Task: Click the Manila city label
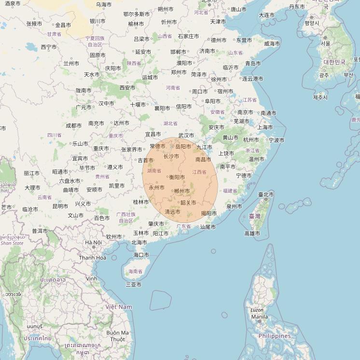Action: [259, 317]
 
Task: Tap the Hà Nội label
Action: [93, 242]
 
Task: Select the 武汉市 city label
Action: [186, 136]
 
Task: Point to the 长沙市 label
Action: [171, 156]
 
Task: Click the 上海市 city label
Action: [265, 127]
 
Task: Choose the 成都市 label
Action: [73, 125]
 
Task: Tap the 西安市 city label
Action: [127, 88]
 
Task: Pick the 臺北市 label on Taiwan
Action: [266, 195]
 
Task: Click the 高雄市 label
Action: [252, 234]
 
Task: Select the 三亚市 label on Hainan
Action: [134, 285]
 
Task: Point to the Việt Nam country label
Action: [119, 307]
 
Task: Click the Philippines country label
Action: [275, 336]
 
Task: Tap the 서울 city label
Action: [326, 43]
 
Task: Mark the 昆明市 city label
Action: [60, 206]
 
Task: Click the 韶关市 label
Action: [188, 203]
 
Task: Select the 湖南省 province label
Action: [154, 171]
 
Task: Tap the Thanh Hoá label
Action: [93, 258]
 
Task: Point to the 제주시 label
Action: [320, 97]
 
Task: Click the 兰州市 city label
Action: [71, 63]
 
